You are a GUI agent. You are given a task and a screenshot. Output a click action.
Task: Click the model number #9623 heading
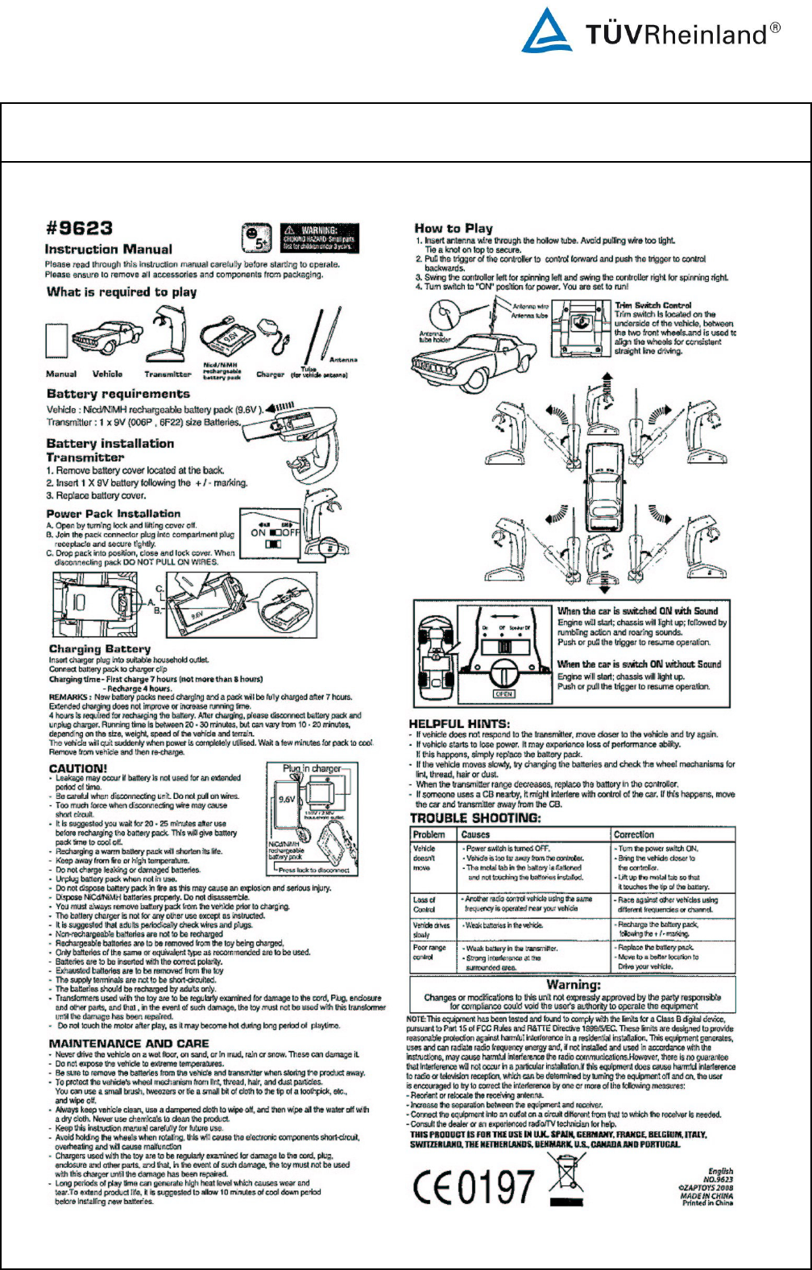coord(79,229)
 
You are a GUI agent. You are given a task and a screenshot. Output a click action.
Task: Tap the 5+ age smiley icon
coord(255,238)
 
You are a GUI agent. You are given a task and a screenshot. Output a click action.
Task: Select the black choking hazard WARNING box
coord(319,238)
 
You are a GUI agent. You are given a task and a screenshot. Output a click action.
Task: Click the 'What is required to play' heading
coord(122,292)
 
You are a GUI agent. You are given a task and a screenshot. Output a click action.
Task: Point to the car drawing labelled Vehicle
coord(107,337)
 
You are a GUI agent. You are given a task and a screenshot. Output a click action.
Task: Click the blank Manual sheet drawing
coord(56,341)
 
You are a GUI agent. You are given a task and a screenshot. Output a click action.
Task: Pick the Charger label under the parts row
coord(271,374)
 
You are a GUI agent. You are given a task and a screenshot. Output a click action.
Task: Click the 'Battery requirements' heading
coord(118,394)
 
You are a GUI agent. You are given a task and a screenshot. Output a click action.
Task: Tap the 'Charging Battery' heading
coord(100,648)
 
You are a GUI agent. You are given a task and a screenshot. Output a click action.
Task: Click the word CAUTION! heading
coord(78,768)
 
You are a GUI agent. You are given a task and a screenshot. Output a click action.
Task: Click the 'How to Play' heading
coord(454,228)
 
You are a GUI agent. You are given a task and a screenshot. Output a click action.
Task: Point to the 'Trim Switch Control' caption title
coord(653,305)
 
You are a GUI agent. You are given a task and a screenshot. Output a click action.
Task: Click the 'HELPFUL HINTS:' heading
coord(459,723)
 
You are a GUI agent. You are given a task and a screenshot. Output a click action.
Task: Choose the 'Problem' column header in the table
coord(429,834)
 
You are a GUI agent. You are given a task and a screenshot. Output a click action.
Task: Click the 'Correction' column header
coord(634,834)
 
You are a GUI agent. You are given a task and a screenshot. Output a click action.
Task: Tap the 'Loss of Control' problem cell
coord(425,904)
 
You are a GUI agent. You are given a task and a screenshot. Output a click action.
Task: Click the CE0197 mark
coord(474,1186)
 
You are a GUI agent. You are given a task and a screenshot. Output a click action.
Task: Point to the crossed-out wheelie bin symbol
coord(567,1180)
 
